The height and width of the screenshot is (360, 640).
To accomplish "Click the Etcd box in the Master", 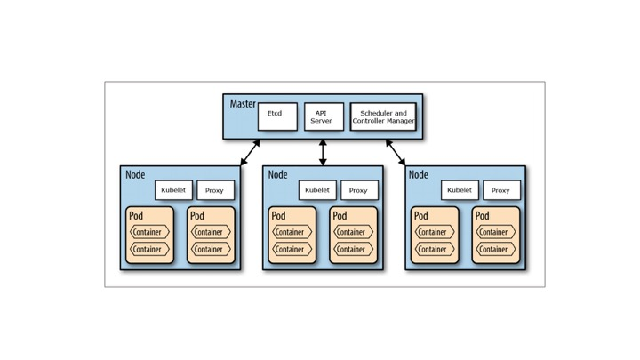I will [277, 116].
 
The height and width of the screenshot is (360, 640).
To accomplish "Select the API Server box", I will [323, 116].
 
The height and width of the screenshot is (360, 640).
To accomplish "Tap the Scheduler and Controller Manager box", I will [383, 116].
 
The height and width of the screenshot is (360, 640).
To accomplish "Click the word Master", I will [242, 104].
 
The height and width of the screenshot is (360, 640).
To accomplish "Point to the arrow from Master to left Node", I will [250, 153].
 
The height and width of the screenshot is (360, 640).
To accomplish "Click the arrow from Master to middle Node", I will [323, 153].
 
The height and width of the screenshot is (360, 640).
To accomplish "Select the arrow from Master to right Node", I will [396, 153].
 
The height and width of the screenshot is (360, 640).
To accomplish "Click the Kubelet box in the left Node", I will [173, 190].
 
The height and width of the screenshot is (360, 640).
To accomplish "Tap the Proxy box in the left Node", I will [215, 190].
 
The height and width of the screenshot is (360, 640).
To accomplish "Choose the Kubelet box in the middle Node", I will [317, 190].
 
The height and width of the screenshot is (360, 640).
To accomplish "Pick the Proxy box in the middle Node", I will [359, 190].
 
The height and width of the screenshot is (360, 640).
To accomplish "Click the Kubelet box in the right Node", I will [460, 190].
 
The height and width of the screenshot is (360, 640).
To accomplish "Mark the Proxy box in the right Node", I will [501, 190].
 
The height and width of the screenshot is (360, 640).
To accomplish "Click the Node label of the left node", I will [135, 175].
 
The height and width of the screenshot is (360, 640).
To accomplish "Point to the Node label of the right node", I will [418, 175].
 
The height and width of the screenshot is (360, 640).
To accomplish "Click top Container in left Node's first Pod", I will [149, 232].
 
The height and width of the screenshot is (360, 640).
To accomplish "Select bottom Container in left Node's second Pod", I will [210, 250].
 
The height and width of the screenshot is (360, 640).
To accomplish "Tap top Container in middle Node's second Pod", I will [352, 232].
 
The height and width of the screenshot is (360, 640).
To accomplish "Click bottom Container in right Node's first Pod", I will [433, 250].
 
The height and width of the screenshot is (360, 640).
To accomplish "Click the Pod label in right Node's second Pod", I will [482, 216].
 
